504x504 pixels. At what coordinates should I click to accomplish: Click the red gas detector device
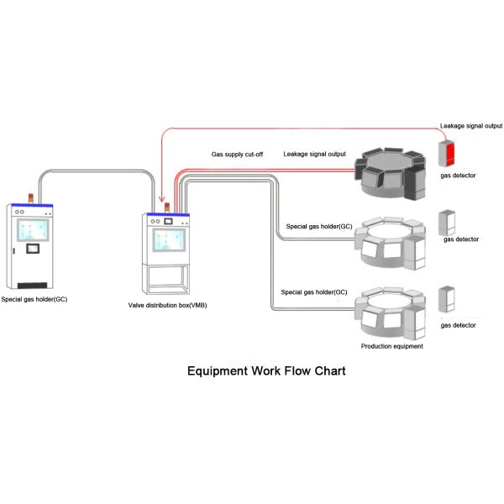[447, 153]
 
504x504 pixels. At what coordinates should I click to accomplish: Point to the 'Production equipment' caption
[391, 345]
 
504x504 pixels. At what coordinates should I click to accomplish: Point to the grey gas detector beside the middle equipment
[447, 223]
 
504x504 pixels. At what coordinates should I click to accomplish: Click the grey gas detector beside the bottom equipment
[447, 301]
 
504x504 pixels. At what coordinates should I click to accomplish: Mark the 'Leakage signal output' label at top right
[471, 125]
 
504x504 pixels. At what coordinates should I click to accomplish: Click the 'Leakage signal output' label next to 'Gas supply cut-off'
[315, 154]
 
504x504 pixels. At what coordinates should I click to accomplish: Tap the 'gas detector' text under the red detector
[459, 176]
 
